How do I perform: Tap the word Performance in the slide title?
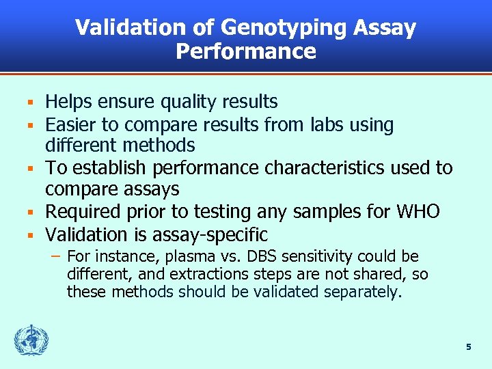(x=246, y=52)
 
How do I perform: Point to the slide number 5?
(x=468, y=347)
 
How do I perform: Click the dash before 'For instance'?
(x=55, y=256)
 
